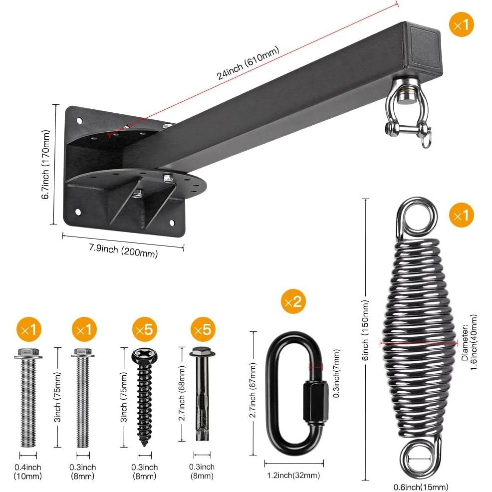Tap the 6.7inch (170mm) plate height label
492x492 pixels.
pos(46,165)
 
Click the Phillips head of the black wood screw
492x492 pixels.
pos(144,356)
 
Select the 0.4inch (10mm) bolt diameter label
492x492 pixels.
pos(28,471)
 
